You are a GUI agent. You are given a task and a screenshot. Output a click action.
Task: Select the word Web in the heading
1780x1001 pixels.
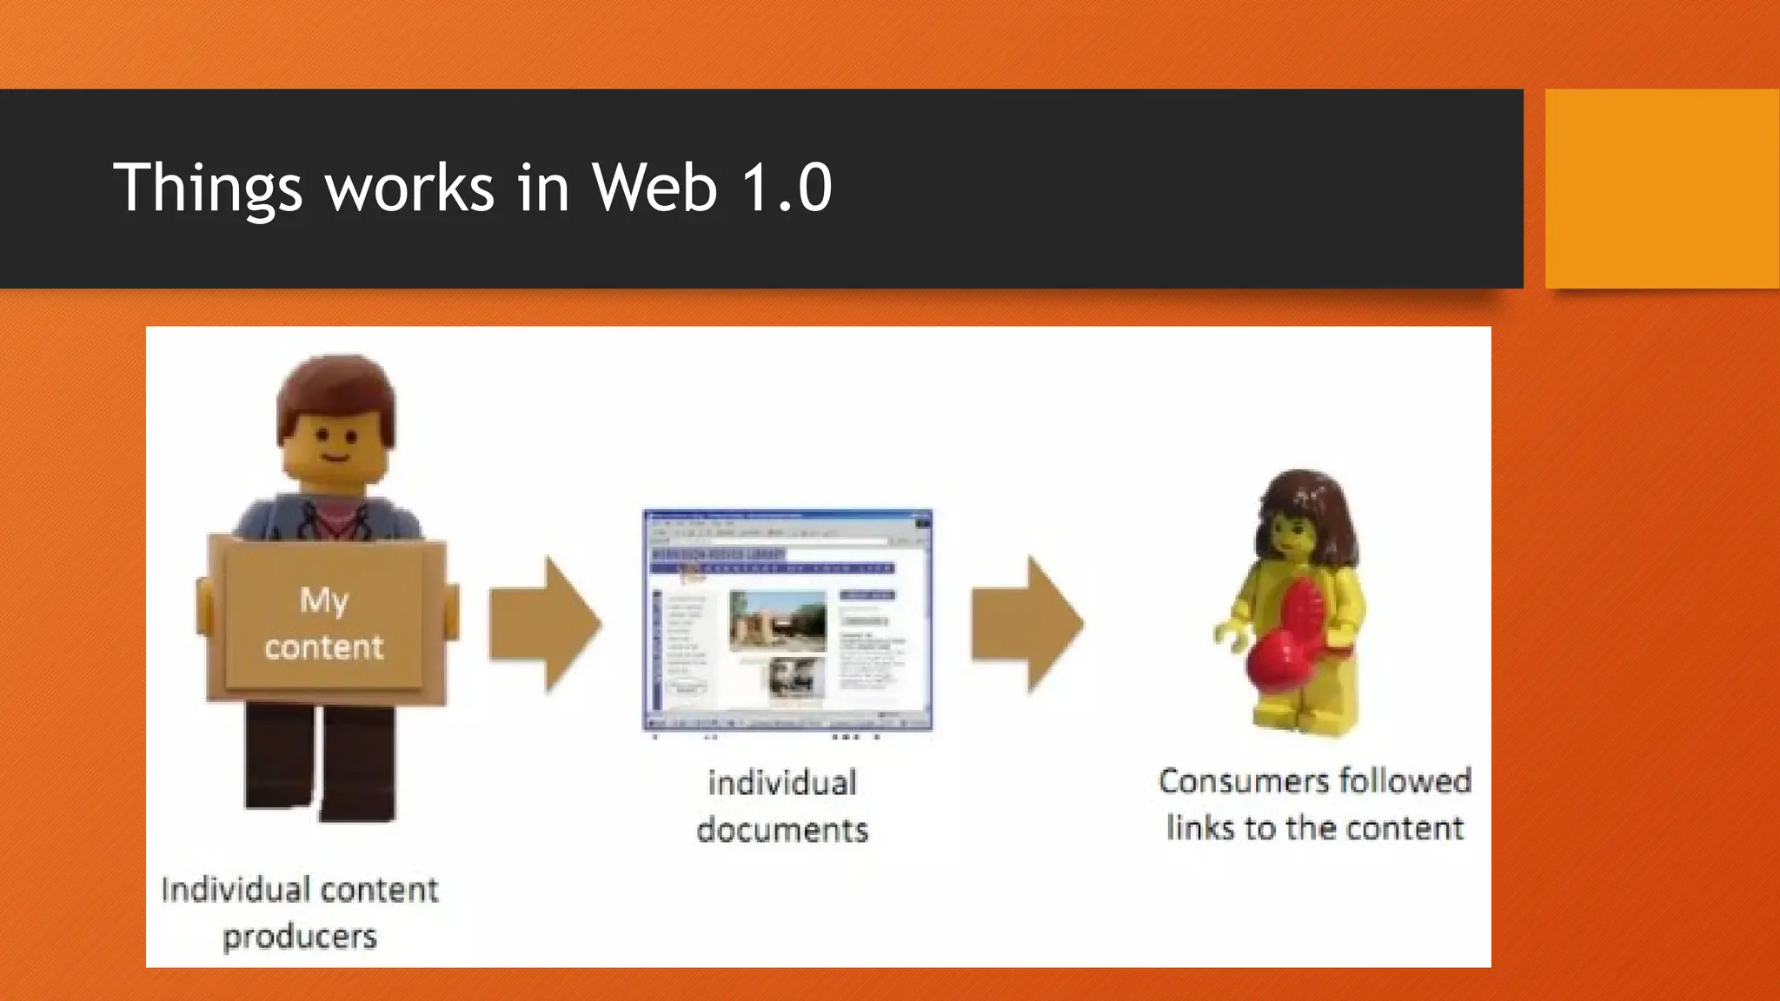(654, 188)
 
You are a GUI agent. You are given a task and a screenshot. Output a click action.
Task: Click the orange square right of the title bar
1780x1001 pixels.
(1661, 189)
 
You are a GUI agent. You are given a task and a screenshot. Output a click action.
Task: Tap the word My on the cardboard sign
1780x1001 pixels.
(323, 600)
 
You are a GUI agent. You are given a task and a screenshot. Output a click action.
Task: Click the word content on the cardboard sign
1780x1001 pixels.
(323, 647)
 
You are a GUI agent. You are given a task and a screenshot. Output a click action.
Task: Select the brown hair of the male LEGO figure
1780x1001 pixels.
(335, 391)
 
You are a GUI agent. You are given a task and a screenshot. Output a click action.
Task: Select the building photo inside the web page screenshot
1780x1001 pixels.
(777, 620)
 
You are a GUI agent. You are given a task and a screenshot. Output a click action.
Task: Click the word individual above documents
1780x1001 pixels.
(782, 783)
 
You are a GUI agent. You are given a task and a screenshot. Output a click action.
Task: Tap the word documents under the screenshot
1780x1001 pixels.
(782, 830)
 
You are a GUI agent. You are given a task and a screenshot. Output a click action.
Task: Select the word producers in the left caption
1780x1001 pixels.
(300, 937)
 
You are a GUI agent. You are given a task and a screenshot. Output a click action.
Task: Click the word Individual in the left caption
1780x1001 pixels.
(235, 890)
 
